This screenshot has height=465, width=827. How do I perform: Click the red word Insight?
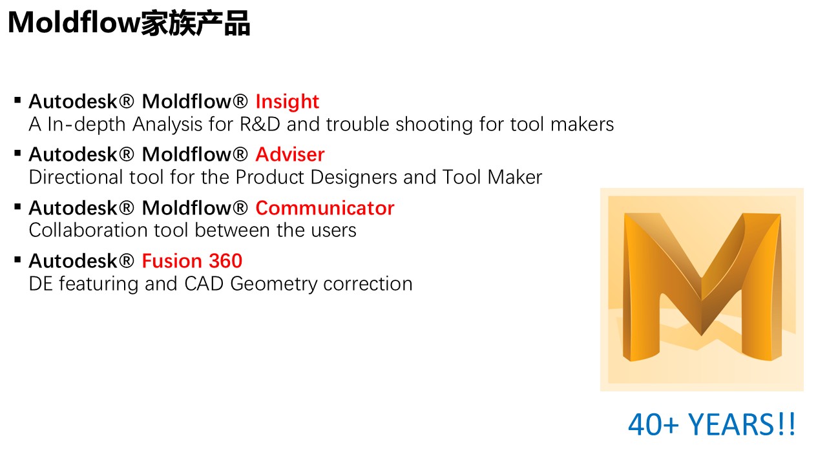click(287, 101)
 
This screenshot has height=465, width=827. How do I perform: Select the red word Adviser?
click(290, 154)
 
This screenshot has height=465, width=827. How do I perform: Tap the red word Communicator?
click(324, 208)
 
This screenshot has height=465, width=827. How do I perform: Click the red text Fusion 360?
click(192, 261)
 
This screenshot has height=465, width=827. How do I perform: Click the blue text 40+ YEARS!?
click(712, 424)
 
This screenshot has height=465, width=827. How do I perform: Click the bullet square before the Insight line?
click(17, 101)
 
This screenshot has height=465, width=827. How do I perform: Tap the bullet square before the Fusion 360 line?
click(17, 260)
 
